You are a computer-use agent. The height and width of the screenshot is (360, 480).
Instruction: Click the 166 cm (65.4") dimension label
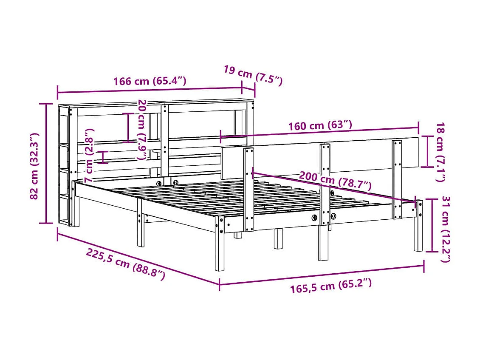[x=150, y=81]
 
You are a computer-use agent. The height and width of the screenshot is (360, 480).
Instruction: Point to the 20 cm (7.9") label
[x=142, y=130]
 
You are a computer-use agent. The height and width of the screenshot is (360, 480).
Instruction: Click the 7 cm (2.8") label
[x=90, y=156]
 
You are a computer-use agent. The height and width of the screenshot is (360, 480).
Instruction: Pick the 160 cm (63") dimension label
[x=320, y=126]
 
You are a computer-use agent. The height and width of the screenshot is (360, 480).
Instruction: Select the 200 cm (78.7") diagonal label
[x=335, y=181]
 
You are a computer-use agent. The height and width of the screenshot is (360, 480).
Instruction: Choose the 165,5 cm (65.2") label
[x=331, y=287]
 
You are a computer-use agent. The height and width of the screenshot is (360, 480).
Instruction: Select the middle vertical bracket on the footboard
[x=325, y=183]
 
